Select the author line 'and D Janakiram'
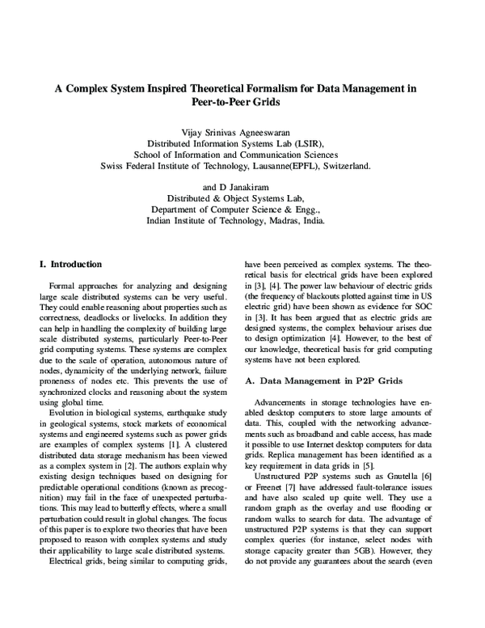click(x=242, y=185)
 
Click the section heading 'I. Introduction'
click(x=71, y=264)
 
